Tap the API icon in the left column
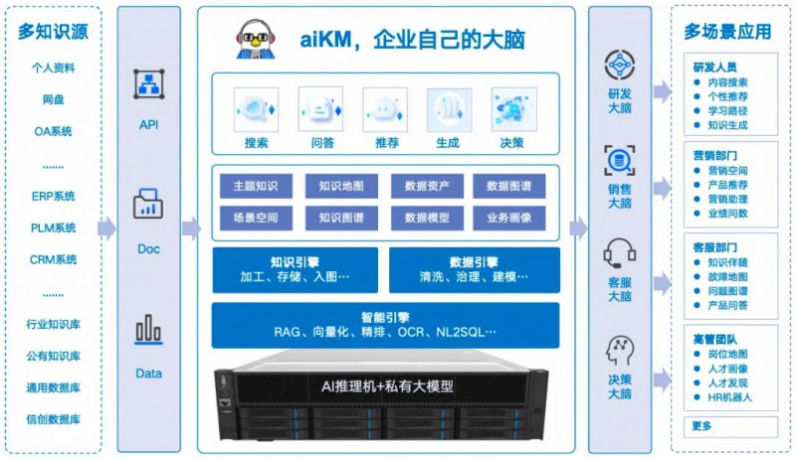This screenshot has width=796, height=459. [149, 84]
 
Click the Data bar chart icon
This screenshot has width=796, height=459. [149, 330]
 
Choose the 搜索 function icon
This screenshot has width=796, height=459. [257, 108]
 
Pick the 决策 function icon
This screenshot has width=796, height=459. [513, 108]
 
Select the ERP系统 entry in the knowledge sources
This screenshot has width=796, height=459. [53, 196]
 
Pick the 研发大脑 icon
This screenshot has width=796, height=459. [619, 65]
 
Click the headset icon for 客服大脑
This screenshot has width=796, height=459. [619, 252]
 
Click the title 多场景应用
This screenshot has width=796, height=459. [727, 31]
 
